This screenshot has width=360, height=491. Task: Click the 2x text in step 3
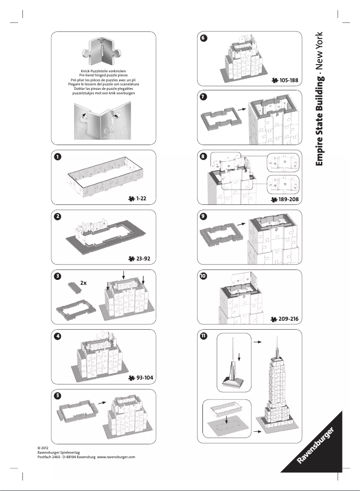coord(83,283)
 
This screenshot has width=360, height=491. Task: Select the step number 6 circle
coord(204,38)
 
